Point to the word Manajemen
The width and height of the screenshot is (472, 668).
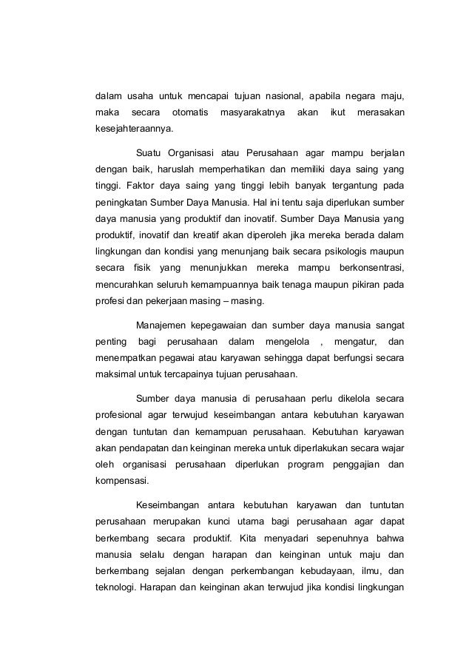(163, 323)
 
